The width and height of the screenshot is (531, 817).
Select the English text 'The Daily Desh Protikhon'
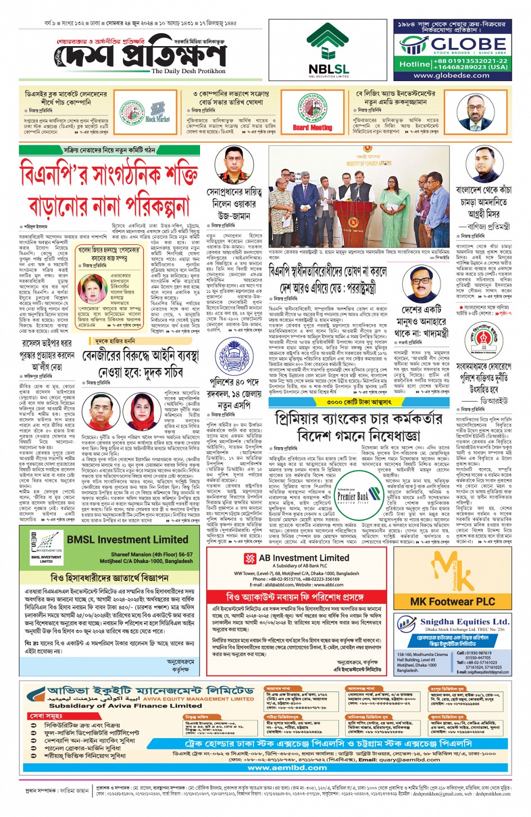[188, 71]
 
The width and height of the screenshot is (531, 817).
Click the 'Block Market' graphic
[157, 112]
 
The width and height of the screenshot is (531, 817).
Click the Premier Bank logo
[352, 496]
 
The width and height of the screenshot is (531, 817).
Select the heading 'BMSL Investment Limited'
[127, 539]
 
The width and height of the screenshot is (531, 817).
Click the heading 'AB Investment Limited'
[303, 558]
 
